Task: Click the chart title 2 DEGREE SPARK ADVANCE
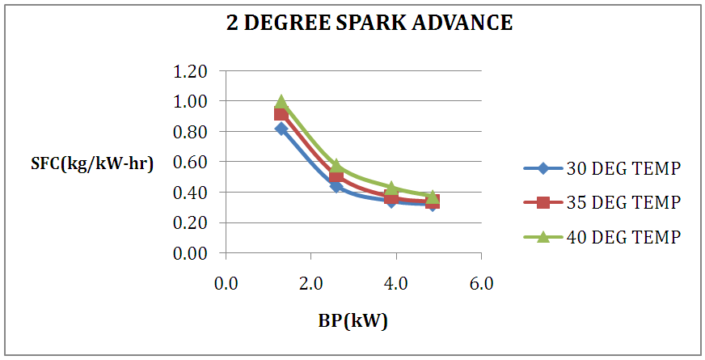(x=369, y=23)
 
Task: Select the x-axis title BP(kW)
(x=352, y=320)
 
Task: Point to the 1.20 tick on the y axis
(x=191, y=71)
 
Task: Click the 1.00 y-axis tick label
(x=191, y=102)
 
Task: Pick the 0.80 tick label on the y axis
(x=191, y=132)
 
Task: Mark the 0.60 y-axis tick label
(x=191, y=162)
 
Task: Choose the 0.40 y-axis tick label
(x=191, y=193)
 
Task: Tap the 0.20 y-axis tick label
(x=191, y=222)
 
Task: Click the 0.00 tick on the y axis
(x=191, y=253)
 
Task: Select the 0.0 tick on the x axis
(x=226, y=284)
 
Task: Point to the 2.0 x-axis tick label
(x=311, y=284)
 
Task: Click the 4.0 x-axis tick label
(x=396, y=284)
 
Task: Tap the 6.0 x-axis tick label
(x=482, y=284)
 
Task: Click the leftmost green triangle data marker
(x=281, y=102)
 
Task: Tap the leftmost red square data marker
(x=281, y=114)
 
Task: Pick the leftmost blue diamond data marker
(x=281, y=129)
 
